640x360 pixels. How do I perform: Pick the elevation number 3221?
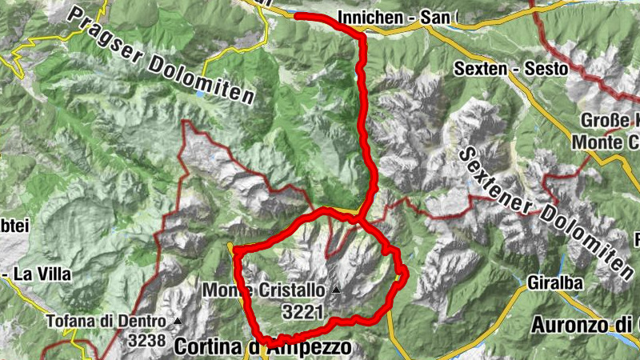click(x=302, y=309)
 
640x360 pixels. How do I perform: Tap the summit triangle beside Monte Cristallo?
click(x=337, y=290)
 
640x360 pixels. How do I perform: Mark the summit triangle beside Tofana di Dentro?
click(x=178, y=322)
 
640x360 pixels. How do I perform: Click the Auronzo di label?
click(x=585, y=326)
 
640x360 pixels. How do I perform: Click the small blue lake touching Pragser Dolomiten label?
click(x=200, y=94)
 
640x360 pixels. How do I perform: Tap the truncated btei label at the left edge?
click(x=14, y=226)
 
